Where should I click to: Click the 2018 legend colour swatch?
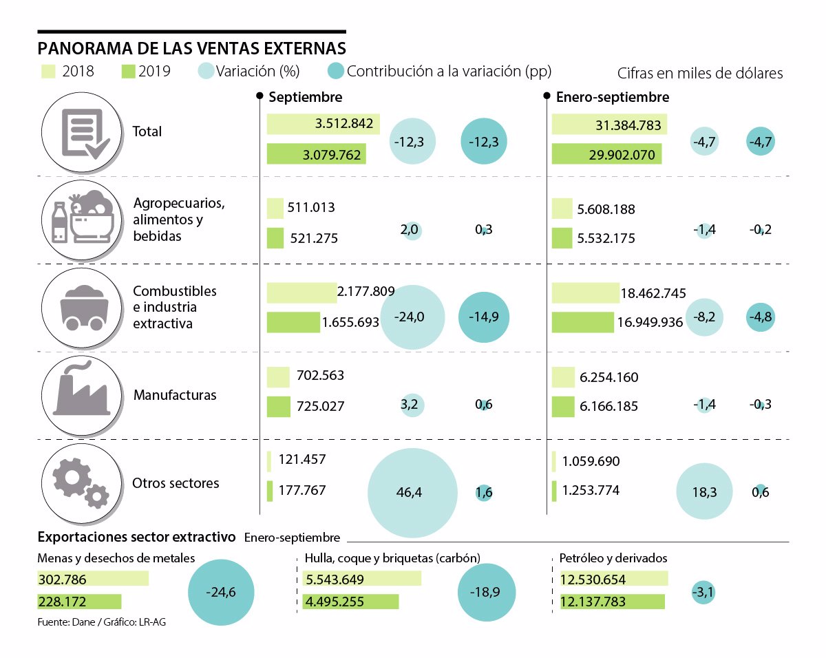48,71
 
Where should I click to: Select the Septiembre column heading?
305,97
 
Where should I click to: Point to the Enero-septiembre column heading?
612,97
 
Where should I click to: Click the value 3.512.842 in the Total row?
344,125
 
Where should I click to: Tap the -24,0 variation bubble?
412,317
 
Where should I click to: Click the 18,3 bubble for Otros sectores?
705,491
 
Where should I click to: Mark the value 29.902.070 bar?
607,154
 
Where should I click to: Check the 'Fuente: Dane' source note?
102,622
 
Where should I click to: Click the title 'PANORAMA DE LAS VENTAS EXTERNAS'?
192,48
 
